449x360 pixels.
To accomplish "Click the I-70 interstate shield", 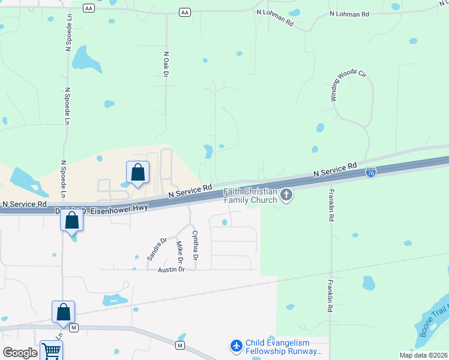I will (x=371, y=172).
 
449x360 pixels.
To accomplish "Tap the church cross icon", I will (x=286, y=195).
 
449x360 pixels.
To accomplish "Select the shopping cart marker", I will (x=51, y=351).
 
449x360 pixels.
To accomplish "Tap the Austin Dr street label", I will (x=172, y=269).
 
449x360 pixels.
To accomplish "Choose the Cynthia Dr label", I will (x=194, y=245).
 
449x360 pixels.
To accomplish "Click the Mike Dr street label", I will (x=179, y=253).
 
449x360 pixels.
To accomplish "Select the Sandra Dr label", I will (x=157, y=249).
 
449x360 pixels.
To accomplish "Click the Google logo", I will (x=19, y=353).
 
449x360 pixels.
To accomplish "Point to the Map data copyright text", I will (x=423, y=355).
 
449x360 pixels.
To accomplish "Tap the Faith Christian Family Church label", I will (x=251, y=196).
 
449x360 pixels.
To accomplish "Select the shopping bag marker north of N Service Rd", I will (x=137, y=173).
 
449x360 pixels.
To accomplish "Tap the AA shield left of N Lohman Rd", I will (x=184, y=12).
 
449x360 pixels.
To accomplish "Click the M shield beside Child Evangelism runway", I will (x=179, y=345).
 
